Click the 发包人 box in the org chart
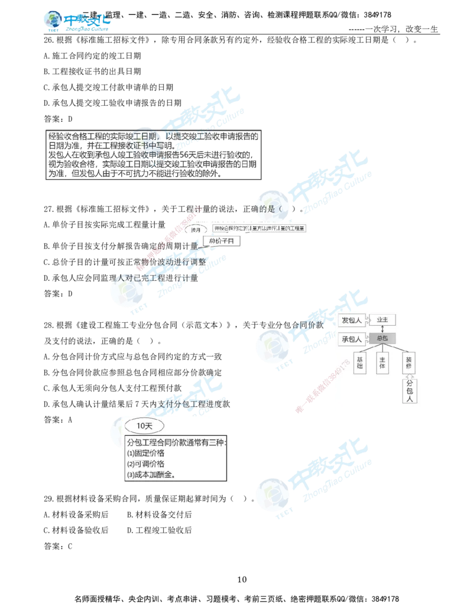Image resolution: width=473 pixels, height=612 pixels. pyautogui.click(x=354, y=320)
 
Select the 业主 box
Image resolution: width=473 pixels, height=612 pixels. pyautogui.click(x=383, y=320)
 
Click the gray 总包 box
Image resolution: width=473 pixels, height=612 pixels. pyautogui.click(x=383, y=339)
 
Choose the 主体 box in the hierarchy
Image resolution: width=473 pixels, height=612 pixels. pyautogui.click(x=383, y=362)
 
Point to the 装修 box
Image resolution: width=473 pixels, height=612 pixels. pyautogui.click(x=408, y=362)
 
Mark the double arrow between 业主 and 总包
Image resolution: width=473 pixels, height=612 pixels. pyautogui.click(x=383, y=329)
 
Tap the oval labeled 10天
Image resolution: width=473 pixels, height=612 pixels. pyautogui.click(x=144, y=425)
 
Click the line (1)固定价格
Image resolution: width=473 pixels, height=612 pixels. pyautogui.click(x=146, y=453)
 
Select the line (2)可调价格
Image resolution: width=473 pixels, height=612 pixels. pyautogui.click(x=146, y=464)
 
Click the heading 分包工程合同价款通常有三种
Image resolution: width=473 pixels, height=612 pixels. pyautogui.click(x=176, y=442)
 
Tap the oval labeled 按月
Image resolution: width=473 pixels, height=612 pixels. pyautogui.click(x=196, y=229)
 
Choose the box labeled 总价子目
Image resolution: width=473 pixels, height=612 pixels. pyautogui.click(x=224, y=241)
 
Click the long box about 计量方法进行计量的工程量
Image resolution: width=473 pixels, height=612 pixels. pyautogui.click(x=260, y=228)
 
